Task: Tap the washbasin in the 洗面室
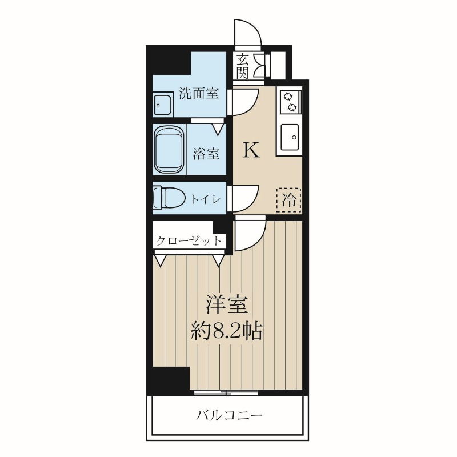[x=163, y=105]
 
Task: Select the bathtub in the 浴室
[x=170, y=150]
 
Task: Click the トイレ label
[x=206, y=199]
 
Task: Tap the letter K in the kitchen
[x=252, y=150]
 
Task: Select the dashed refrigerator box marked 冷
[x=289, y=200]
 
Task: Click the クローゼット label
[x=189, y=241]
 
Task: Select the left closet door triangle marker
[x=160, y=262]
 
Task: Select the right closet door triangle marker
[x=218, y=262]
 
